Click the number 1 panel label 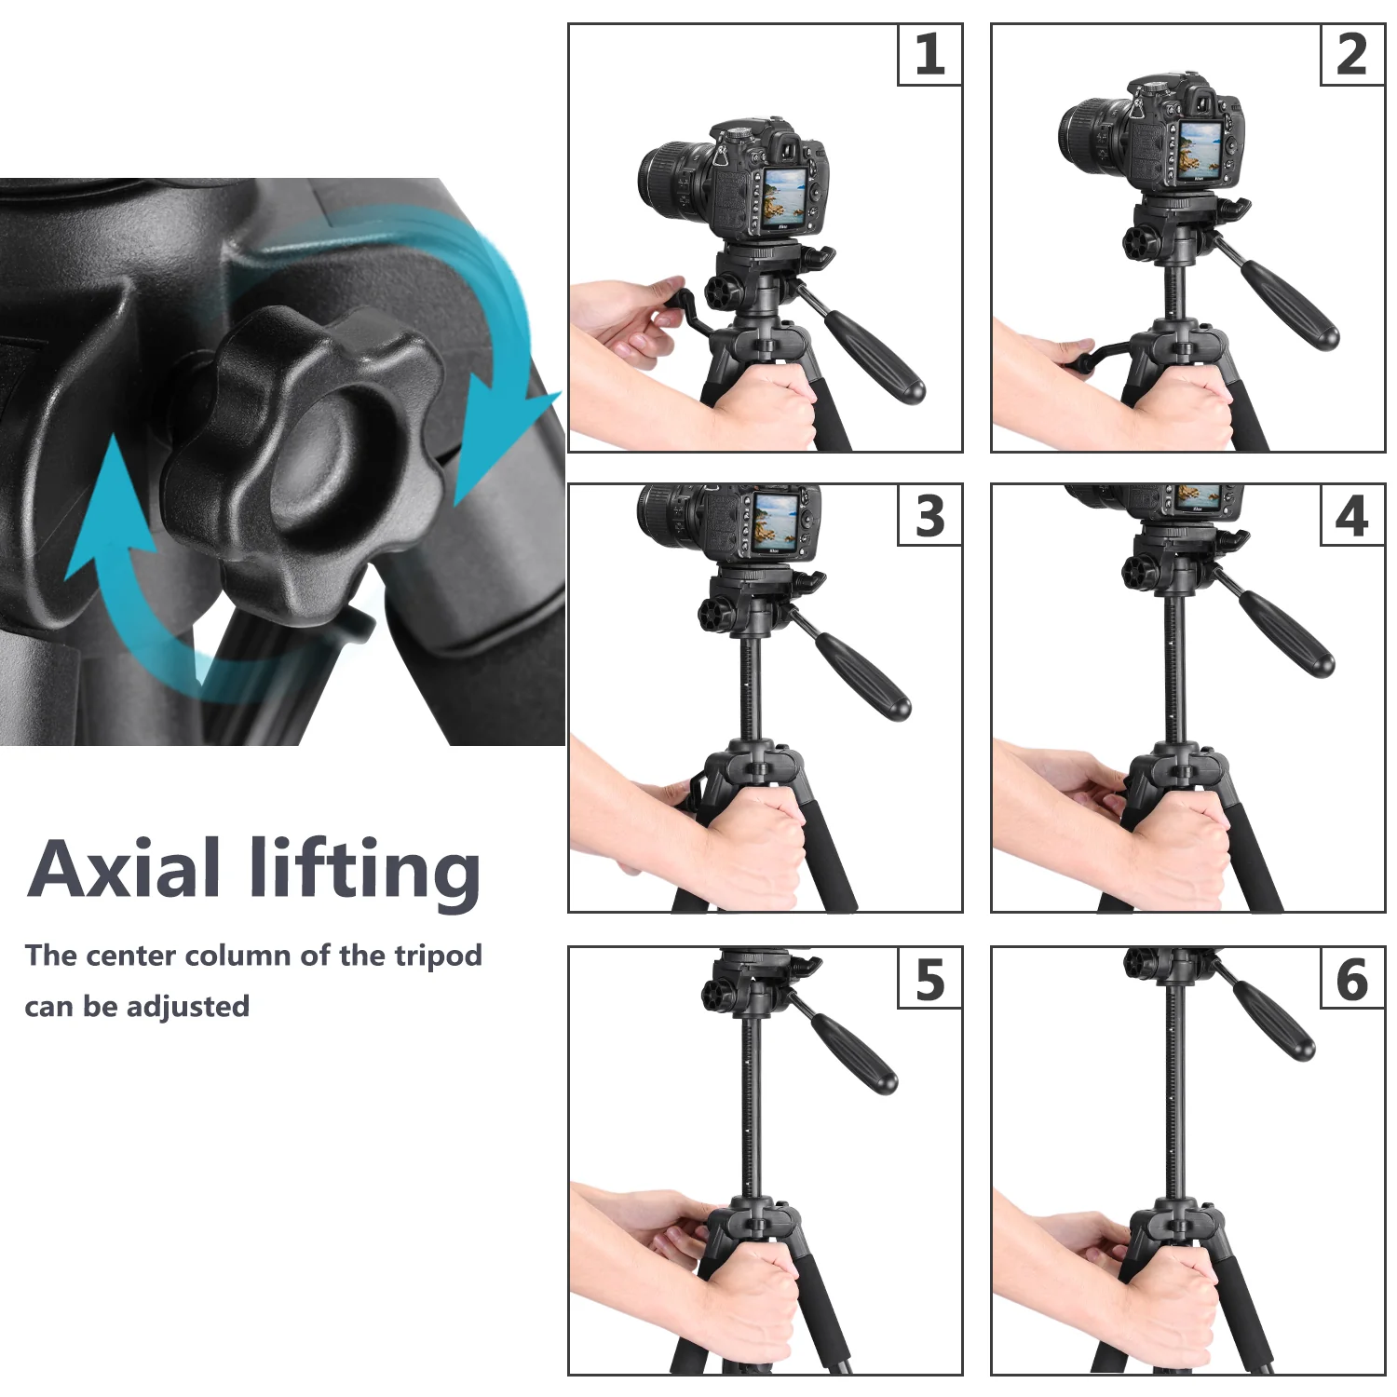(929, 55)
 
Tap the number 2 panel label (1351, 55)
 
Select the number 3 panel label (929, 516)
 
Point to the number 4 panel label (1351, 516)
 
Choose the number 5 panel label (929, 979)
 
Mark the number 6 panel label (1351, 979)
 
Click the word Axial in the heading (125, 869)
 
